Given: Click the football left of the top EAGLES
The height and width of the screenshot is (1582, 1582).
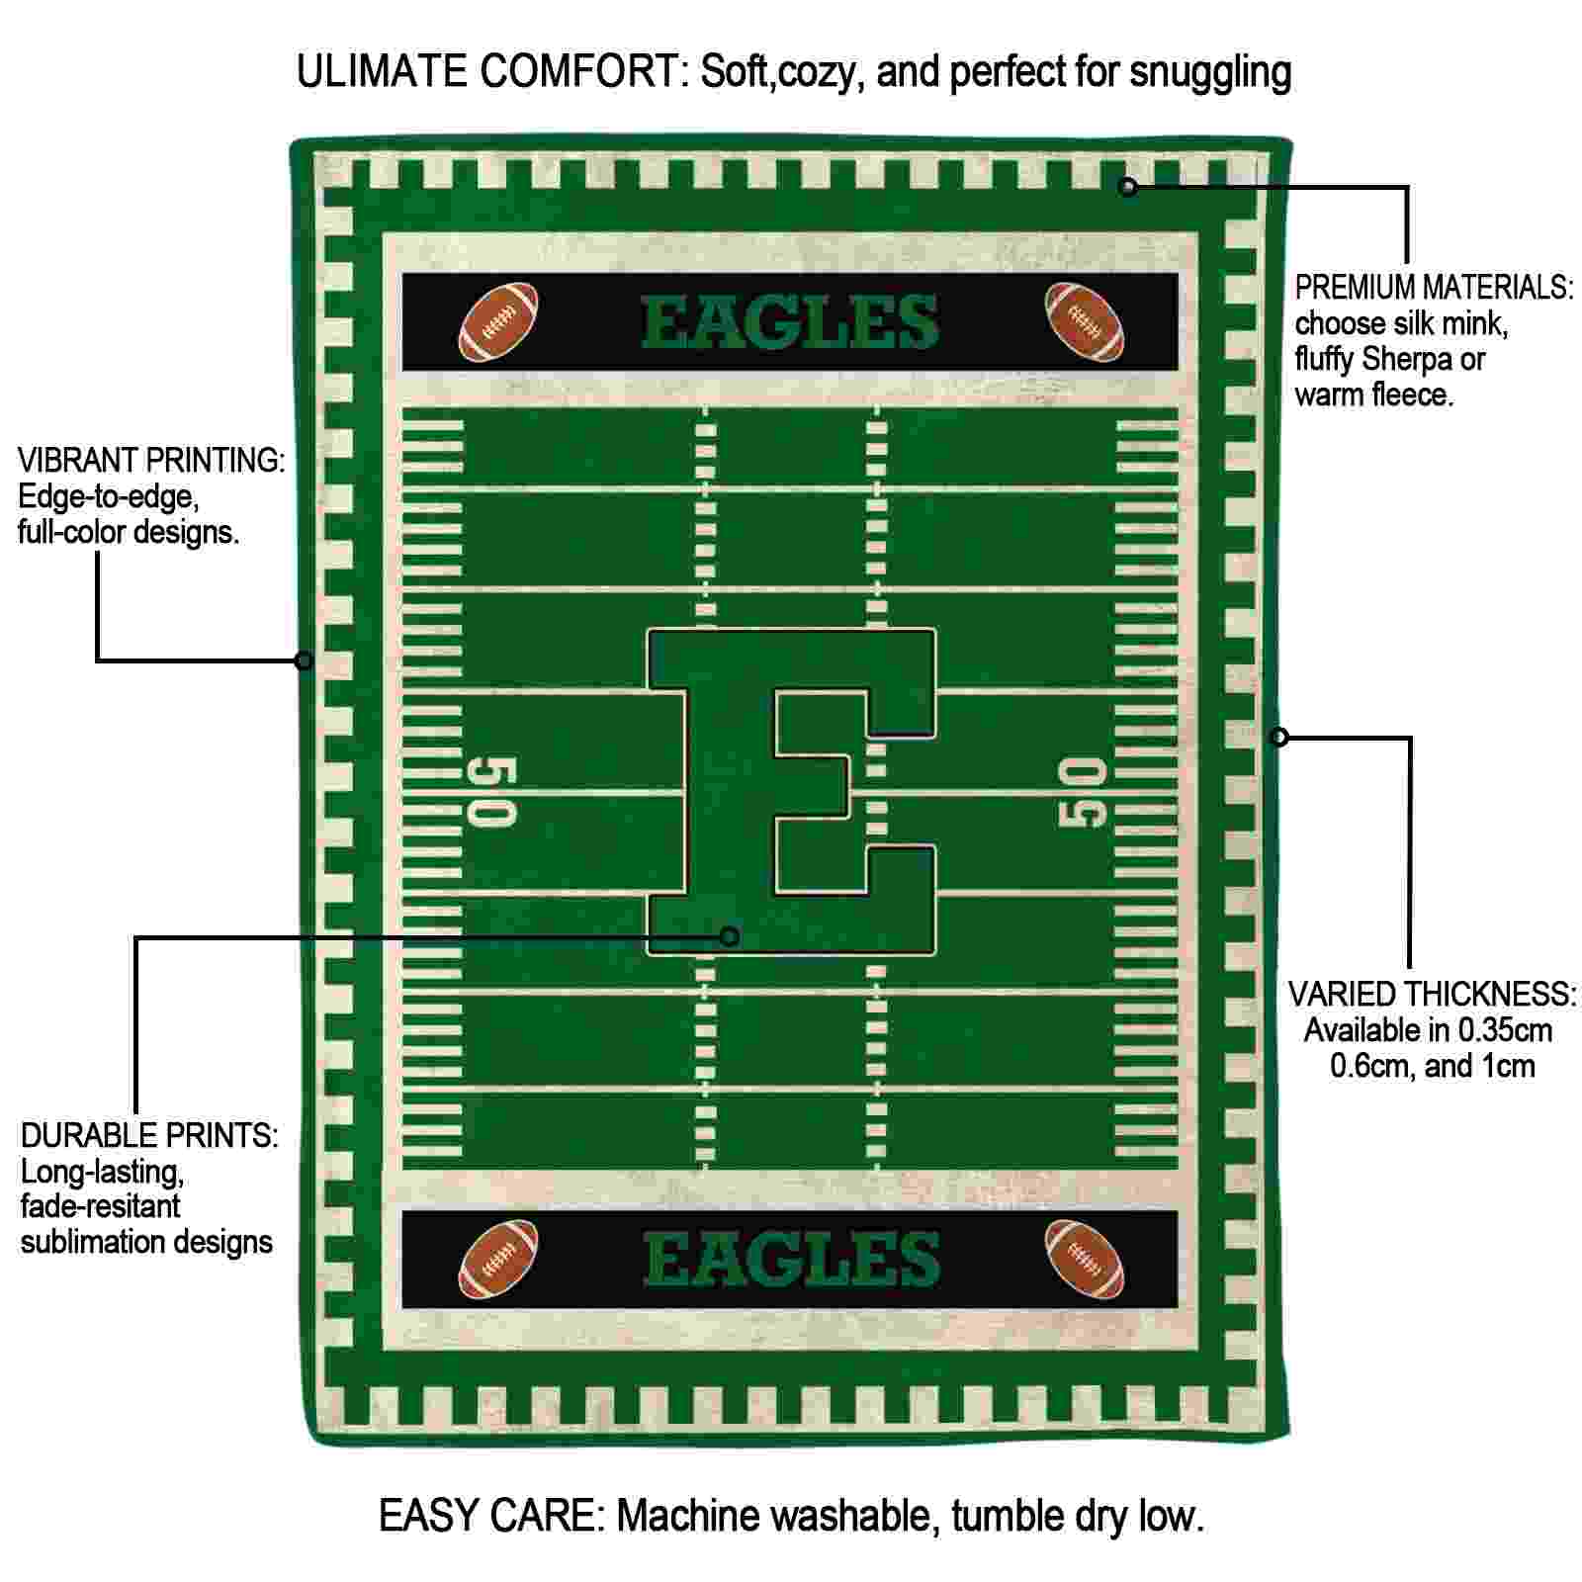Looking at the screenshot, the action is pyautogui.click(x=499, y=322).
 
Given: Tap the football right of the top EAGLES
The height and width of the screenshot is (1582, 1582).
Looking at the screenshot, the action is pyautogui.click(x=1085, y=322).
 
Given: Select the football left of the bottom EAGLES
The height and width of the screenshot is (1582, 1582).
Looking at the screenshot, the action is pyautogui.click(x=499, y=1259).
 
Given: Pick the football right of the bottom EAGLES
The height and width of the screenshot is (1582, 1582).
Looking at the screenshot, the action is pyautogui.click(x=1085, y=1259).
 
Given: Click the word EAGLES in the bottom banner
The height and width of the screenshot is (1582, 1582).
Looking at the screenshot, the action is pyautogui.click(x=791, y=1260).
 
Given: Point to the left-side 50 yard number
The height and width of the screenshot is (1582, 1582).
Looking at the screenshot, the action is pyautogui.click(x=491, y=792).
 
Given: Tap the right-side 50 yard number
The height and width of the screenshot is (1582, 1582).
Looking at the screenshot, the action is pyautogui.click(x=1083, y=792).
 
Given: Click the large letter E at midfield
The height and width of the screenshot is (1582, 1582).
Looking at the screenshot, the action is pyautogui.click(x=791, y=792).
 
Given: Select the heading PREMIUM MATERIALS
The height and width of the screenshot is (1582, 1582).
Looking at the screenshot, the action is pyautogui.click(x=1434, y=288).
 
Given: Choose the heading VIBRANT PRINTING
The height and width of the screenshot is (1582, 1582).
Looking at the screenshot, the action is pyautogui.click(x=151, y=460).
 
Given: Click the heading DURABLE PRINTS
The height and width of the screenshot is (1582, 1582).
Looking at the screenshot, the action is pyautogui.click(x=149, y=1135).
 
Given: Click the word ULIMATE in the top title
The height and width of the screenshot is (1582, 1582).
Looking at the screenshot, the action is pyautogui.click(x=382, y=71).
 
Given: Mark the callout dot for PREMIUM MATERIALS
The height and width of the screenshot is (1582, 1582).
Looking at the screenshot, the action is pyautogui.click(x=1128, y=186).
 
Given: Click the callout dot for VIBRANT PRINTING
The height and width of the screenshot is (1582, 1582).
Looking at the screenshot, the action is pyautogui.click(x=305, y=660).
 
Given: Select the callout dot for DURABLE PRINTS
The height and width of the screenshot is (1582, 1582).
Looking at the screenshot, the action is pyautogui.click(x=730, y=935).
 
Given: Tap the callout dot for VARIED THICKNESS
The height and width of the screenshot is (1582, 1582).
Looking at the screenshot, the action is pyautogui.click(x=1279, y=737).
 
